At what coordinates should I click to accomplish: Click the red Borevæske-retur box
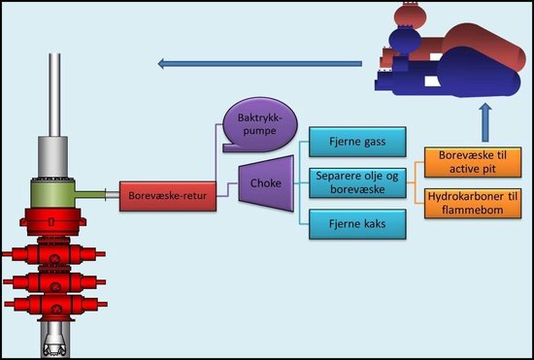(168, 196)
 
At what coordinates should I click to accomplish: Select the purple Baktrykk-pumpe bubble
(260, 124)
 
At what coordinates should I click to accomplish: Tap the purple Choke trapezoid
(266, 183)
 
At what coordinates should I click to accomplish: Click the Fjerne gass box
(357, 142)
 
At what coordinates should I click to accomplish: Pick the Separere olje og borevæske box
(357, 182)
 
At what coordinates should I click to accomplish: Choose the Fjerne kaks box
(357, 224)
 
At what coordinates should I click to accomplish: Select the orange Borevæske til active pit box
(473, 162)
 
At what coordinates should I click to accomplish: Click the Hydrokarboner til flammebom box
(473, 203)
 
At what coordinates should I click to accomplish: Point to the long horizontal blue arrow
(259, 64)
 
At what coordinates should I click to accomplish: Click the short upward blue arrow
(485, 122)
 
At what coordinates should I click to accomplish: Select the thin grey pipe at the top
(54, 95)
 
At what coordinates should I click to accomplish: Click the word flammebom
(473, 210)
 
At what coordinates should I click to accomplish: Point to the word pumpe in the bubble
(260, 131)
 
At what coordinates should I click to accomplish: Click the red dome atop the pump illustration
(410, 15)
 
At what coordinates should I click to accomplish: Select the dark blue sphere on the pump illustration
(405, 41)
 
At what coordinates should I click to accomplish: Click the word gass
(373, 143)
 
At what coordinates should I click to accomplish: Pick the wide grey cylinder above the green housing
(52, 157)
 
